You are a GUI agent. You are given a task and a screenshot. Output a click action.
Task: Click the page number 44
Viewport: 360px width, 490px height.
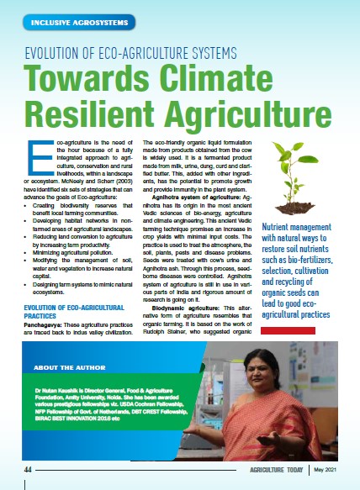pos(28,469)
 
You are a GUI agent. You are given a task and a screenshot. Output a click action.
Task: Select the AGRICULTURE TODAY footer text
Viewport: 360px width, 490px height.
pos(272,469)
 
